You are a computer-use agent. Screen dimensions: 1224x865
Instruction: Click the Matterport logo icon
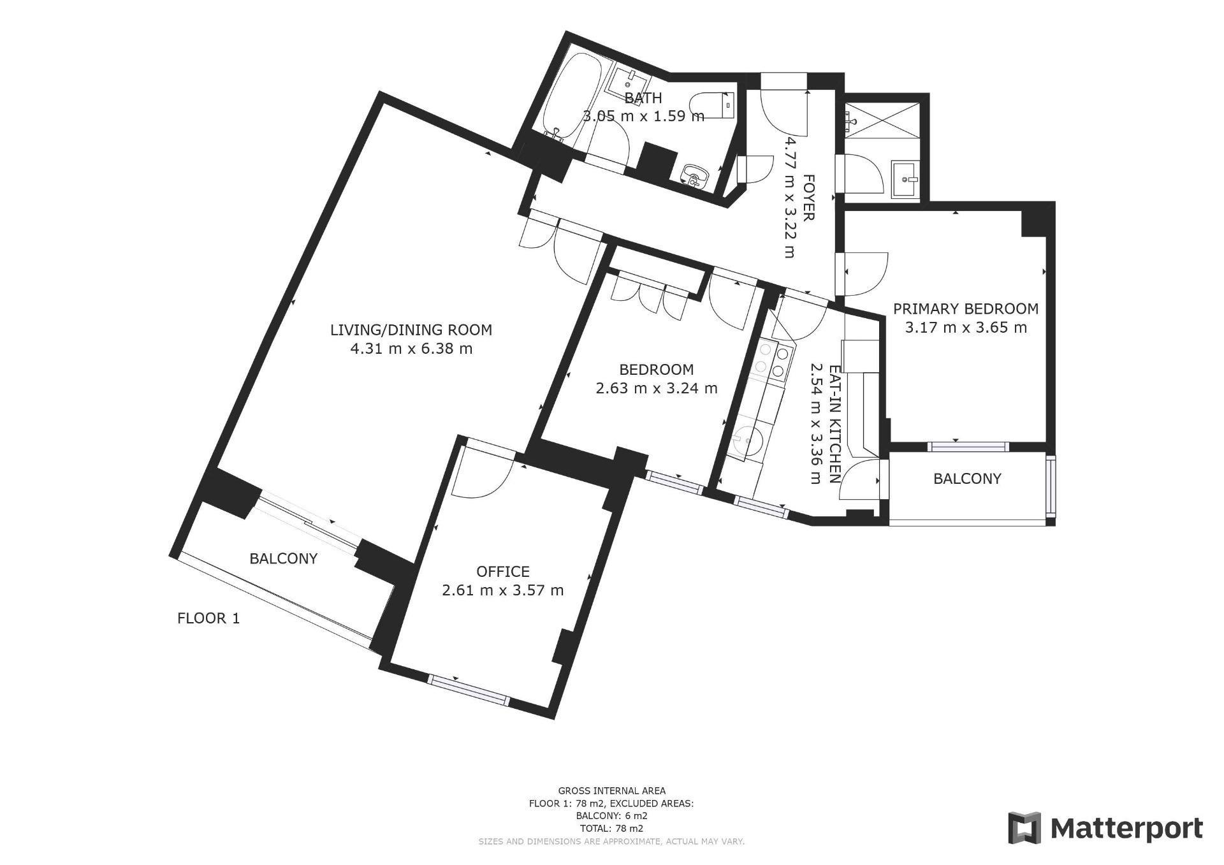[x=1024, y=828]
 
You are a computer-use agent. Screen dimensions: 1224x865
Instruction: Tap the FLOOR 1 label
[x=208, y=618]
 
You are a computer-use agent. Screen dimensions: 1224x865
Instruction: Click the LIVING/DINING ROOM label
[x=411, y=330]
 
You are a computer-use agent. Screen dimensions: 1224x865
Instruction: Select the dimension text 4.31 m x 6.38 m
[x=411, y=349]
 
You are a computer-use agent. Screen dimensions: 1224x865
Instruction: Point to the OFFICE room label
[x=503, y=572]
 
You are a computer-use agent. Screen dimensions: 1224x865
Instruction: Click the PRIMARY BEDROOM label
[x=966, y=309]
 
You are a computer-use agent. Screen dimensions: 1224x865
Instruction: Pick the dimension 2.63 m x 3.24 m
[x=657, y=388]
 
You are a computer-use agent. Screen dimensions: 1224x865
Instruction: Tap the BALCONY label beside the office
[x=283, y=559]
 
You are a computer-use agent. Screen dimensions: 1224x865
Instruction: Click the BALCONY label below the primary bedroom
[x=967, y=479]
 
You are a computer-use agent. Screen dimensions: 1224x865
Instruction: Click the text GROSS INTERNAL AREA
[x=611, y=791]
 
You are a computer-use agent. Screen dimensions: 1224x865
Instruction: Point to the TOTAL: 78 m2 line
[x=611, y=829]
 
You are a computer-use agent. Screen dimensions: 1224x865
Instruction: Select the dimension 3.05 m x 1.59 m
[x=643, y=117]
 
